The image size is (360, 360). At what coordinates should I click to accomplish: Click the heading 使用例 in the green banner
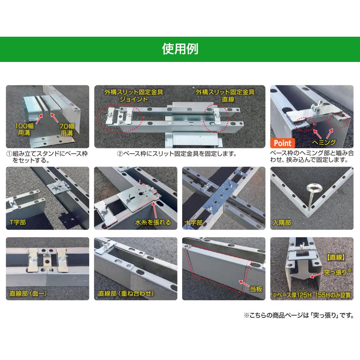tap(180, 49)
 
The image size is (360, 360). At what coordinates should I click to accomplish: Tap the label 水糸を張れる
tap(153, 222)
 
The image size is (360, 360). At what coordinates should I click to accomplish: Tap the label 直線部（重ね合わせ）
tap(124, 293)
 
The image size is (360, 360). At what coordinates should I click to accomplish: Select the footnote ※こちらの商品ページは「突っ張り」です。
tap(298, 315)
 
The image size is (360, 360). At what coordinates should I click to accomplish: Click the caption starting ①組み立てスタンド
tap(47, 157)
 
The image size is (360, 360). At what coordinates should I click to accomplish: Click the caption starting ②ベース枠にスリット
tap(176, 154)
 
